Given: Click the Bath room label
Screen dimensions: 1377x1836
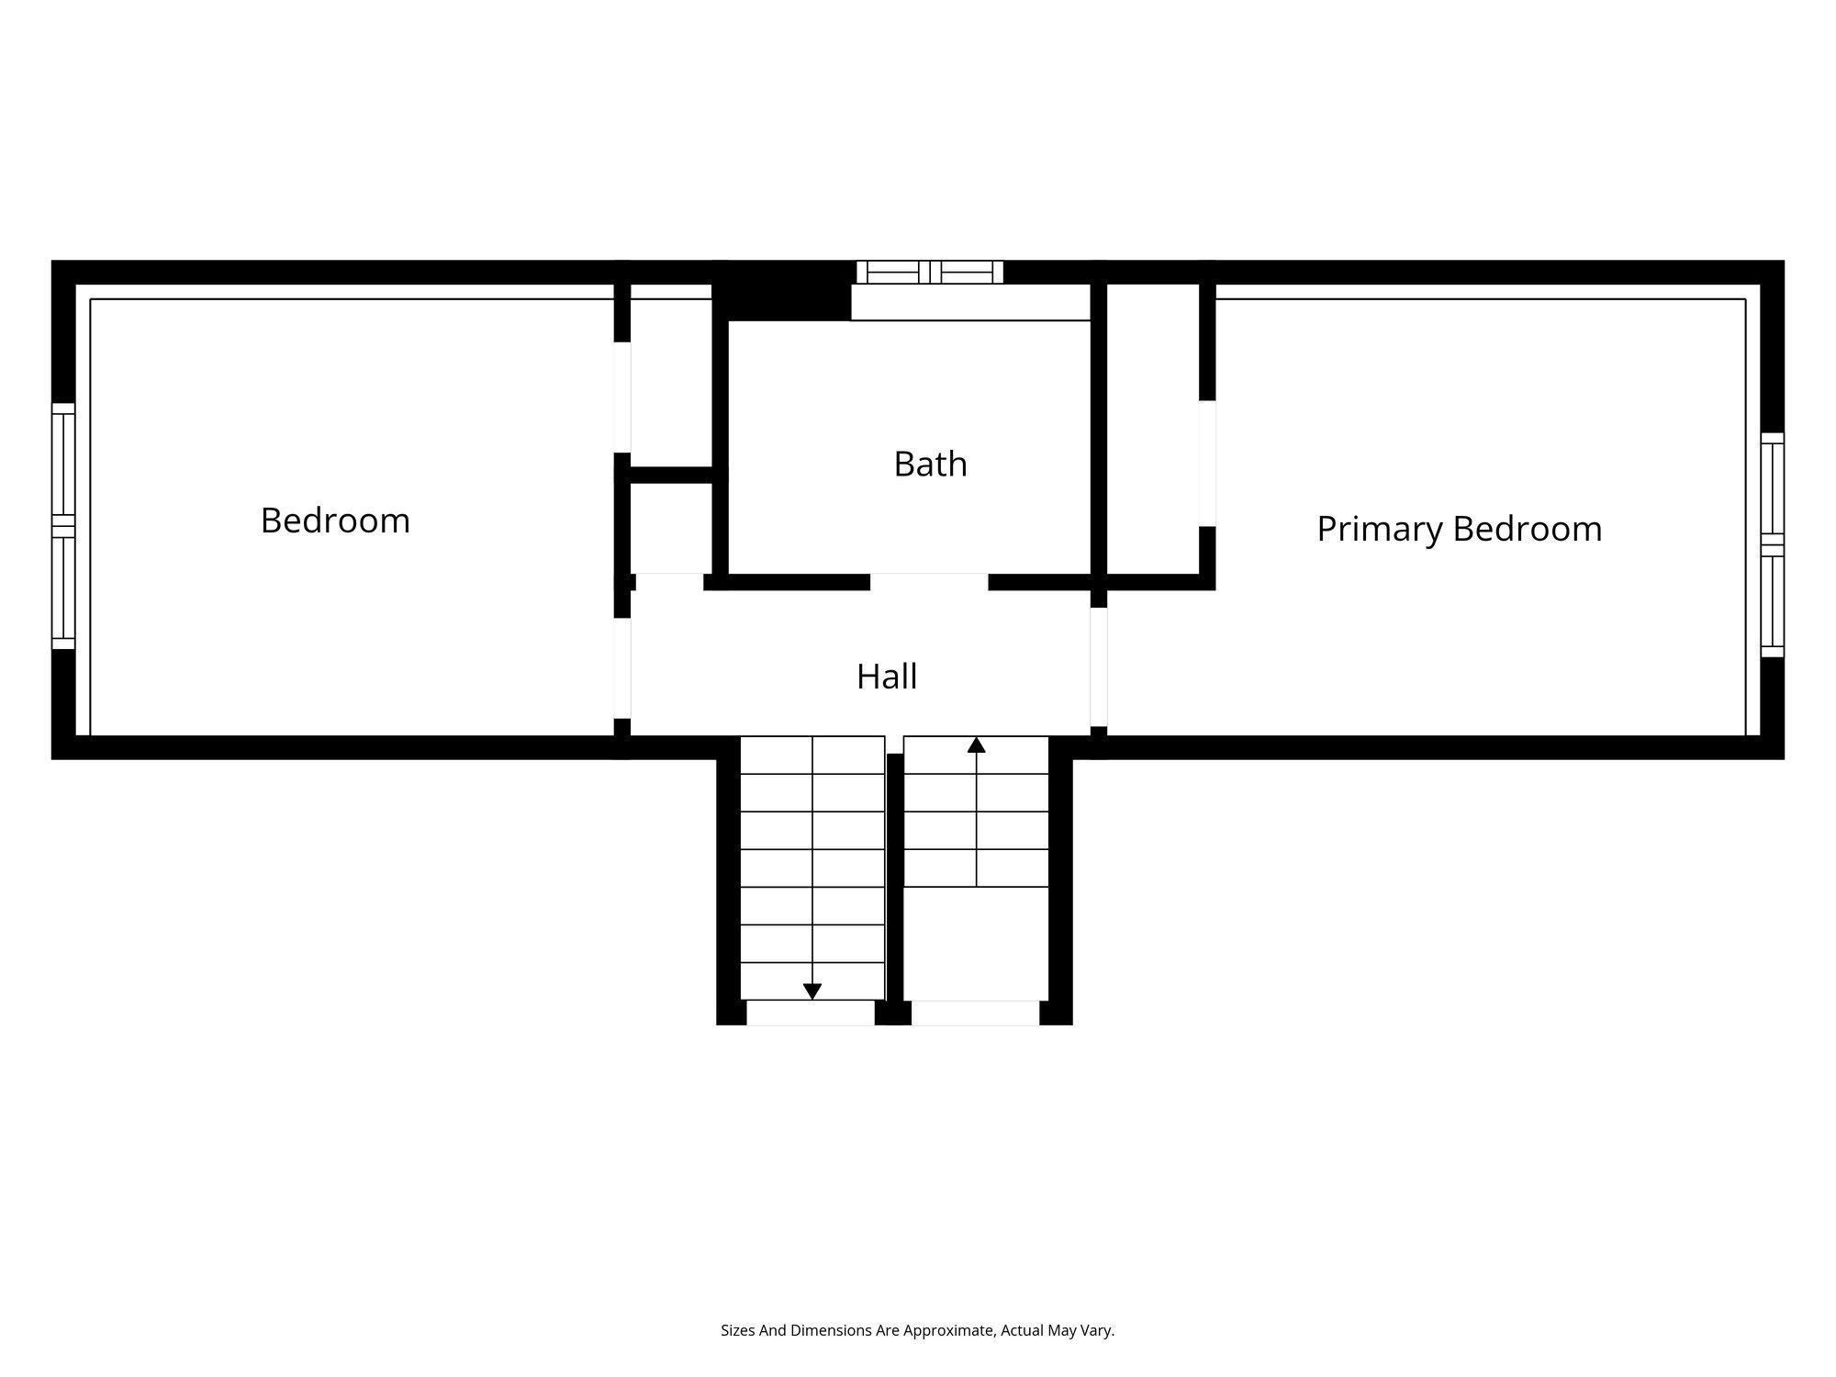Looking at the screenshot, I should [x=930, y=465].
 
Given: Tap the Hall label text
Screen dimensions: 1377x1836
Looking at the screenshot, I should [x=887, y=677].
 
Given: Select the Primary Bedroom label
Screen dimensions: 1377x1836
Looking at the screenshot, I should [x=1459, y=530].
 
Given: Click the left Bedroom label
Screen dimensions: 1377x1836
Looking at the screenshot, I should [x=335, y=521].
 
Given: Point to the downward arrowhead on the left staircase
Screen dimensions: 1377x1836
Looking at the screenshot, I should [x=812, y=991].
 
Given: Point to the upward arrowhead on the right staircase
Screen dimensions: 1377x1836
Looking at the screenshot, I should [x=976, y=745].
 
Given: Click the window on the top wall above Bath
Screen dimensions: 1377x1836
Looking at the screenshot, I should [x=929, y=272].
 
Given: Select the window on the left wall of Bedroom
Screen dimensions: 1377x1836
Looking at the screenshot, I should [x=62, y=526].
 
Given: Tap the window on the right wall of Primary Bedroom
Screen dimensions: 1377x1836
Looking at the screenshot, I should [x=1772, y=545].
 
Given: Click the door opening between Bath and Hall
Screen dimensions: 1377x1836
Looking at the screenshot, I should [x=929, y=582].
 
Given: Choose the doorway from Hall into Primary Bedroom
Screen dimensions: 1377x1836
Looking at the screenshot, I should [x=1098, y=666].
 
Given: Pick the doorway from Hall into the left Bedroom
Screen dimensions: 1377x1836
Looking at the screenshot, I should [x=622, y=667].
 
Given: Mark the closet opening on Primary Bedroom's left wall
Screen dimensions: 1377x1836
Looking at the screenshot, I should [x=1207, y=464].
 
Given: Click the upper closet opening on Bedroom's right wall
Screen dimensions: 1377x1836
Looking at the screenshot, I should [x=622, y=397].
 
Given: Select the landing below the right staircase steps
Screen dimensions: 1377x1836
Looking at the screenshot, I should [x=976, y=943].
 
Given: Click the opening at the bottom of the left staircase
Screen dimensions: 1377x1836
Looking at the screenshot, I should [x=811, y=1013].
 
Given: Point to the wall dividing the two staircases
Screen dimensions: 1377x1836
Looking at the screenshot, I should [x=894, y=881].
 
